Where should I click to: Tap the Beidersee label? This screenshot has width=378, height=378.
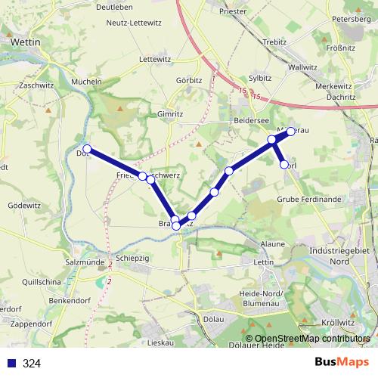pos(250,121)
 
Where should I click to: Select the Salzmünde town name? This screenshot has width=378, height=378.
pos(83,261)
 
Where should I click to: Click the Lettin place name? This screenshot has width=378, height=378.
pos(264,262)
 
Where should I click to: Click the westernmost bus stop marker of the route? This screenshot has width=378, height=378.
pos(88,149)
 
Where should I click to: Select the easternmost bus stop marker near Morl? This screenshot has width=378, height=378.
pos(290,132)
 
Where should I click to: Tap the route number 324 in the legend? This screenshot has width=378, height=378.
pos(32,364)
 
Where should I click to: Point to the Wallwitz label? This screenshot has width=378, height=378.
pos(302,67)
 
